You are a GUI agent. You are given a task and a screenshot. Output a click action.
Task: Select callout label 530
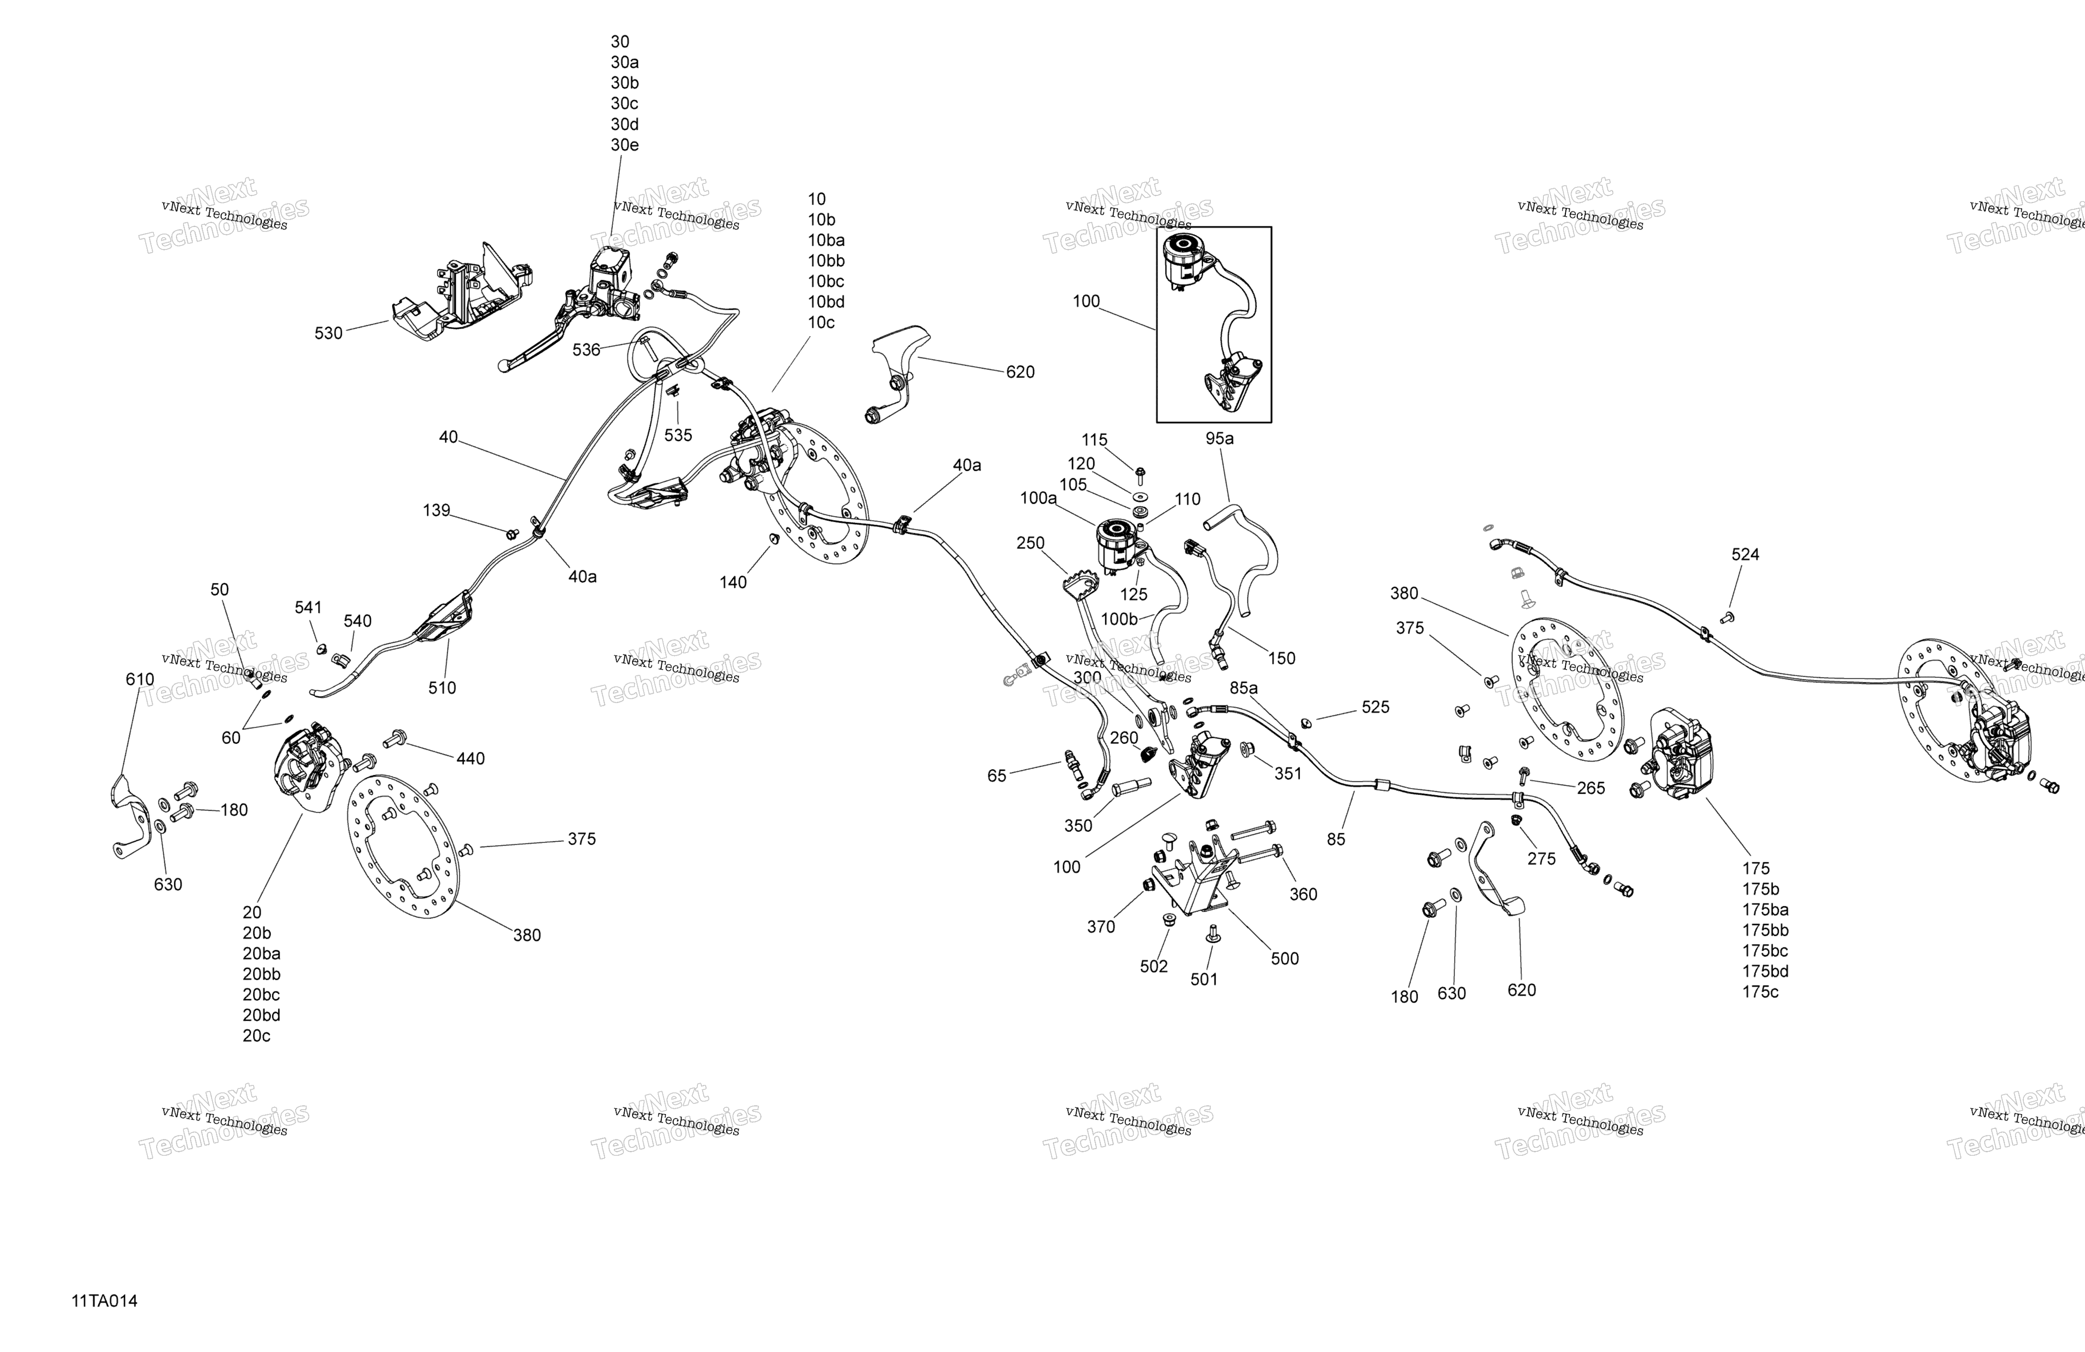(x=329, y=333)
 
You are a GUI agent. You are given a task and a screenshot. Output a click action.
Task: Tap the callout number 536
(x=586, y=350)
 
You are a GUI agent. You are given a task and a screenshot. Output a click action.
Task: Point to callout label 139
(x=436, y=510)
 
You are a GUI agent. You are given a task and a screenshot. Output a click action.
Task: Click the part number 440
(x=470, y=759)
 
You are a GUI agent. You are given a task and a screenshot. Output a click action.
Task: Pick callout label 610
(x=140, y=679)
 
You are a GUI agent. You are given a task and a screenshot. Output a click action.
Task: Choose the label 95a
(x=1220, y=438)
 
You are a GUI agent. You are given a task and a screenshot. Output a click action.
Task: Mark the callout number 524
(x=1745, y=554)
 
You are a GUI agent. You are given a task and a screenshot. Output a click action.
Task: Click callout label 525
(x=1375, y=707)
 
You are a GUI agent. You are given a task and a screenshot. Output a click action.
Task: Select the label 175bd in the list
(x=1765, y=971)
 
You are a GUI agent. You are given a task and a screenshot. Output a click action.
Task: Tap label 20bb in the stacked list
(x=261, y=974)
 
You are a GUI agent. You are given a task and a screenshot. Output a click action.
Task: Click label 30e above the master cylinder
(x=625, y=145)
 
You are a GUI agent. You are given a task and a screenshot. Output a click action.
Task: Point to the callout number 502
(x=1154, y=967)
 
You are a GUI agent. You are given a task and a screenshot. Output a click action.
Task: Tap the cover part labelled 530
(x=455, y=293)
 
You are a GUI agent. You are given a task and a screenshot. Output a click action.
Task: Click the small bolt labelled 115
(x=1140, y=476)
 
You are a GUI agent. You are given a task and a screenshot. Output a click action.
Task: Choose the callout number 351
(x=1288, y=774)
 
